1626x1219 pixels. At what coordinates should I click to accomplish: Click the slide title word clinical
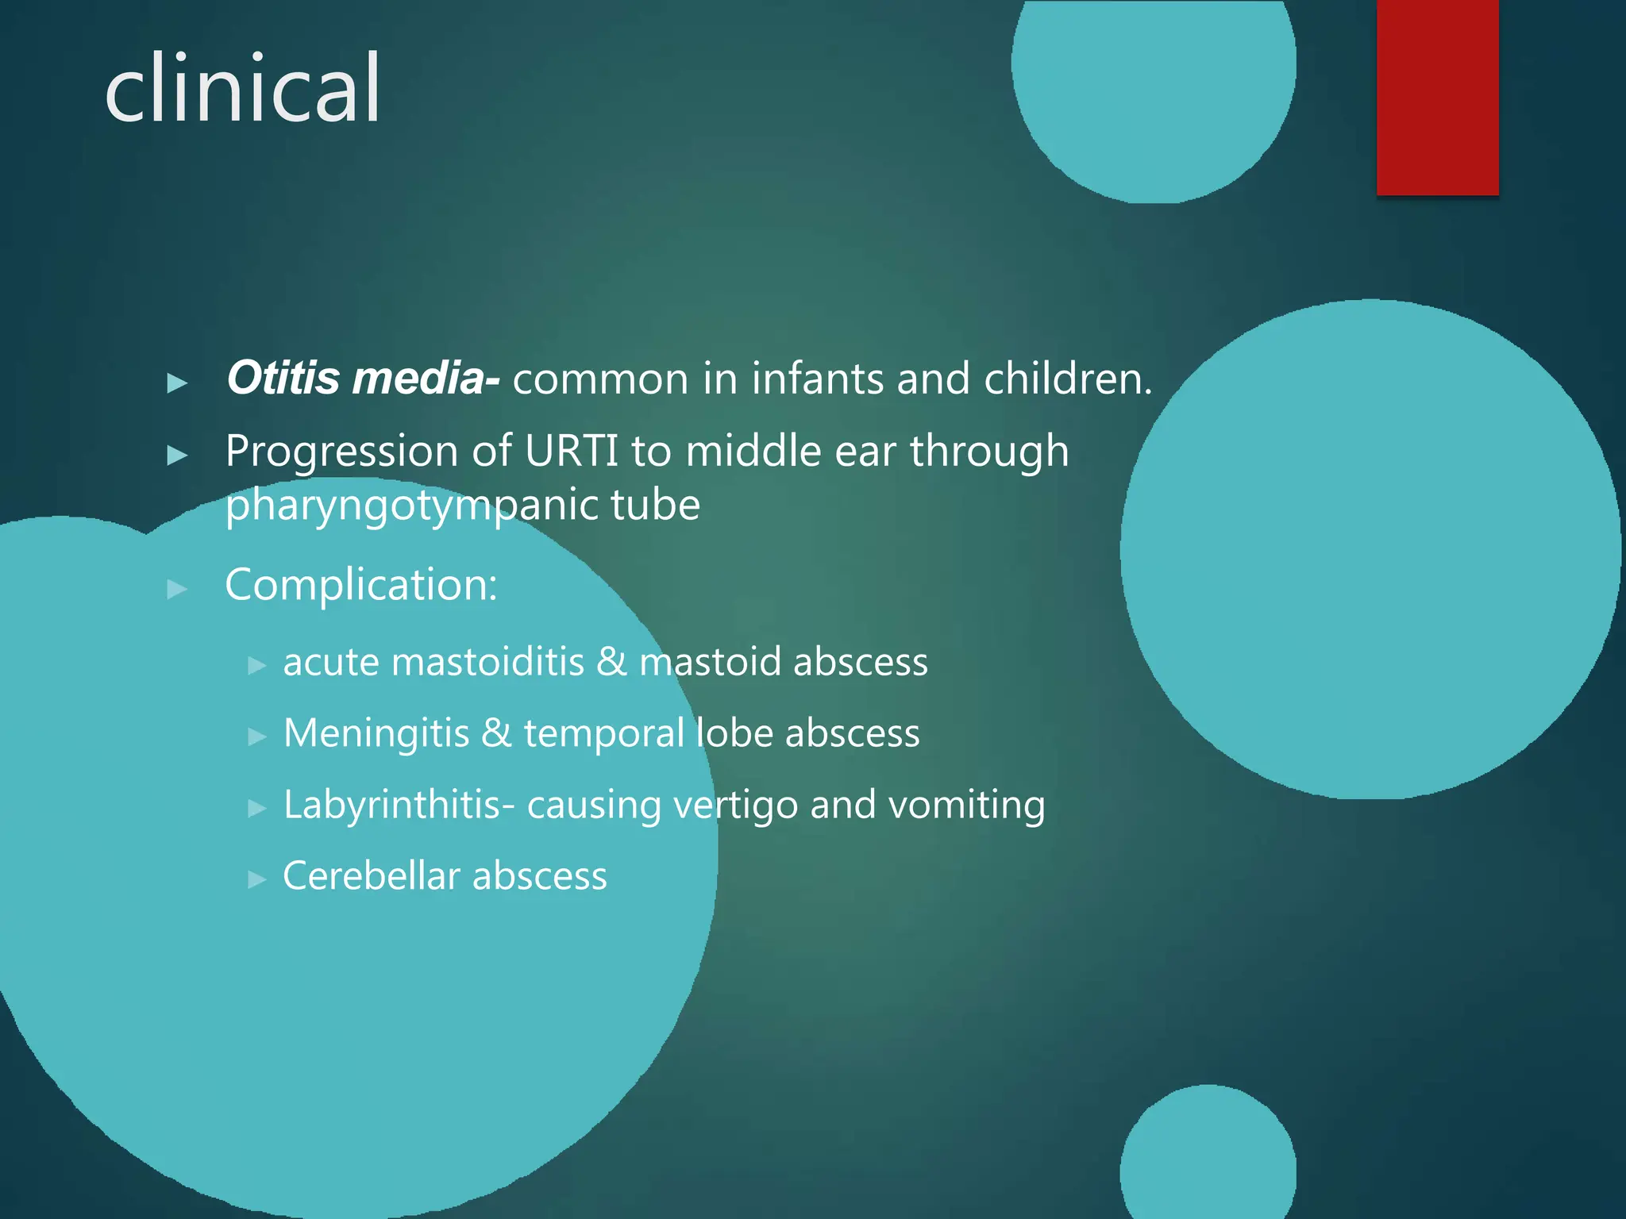(x=242, y=89)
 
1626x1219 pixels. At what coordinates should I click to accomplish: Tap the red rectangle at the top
(x=1437, y=97)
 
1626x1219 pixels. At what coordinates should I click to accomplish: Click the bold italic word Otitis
(x=283, y=378)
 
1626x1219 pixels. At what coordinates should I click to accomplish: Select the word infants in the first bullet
(x=816, y=379)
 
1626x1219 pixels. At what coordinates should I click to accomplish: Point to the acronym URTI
(x=572, y=452)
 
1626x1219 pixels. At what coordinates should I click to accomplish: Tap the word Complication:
(x=361, y=585)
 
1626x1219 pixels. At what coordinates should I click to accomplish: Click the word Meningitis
(x=376, y=733)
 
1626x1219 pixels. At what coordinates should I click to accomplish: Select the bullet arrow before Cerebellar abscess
(x=256, y=879)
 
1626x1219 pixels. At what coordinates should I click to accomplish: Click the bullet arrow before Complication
(x=177, y=589)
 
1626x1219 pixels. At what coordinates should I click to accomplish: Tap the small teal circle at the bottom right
(x=1208, y=1158)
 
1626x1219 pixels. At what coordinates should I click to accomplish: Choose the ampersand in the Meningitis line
(x=496, y=733)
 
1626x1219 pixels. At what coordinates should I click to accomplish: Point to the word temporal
(x=603, y=733)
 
